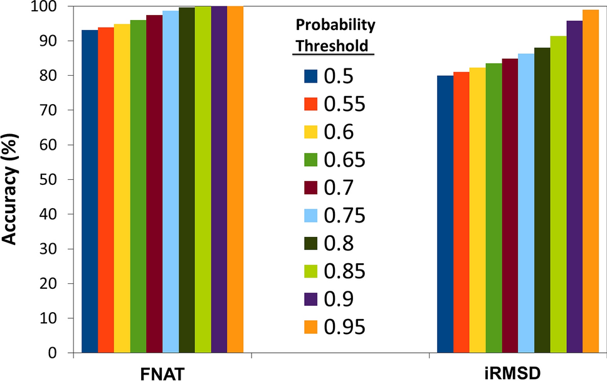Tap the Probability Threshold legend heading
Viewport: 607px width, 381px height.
(x=335, y=36)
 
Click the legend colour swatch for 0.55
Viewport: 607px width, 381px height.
(x=312, y=105)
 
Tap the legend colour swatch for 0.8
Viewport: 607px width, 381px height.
(x=312, y=243)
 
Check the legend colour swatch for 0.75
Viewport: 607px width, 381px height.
(x=312, y=216)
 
